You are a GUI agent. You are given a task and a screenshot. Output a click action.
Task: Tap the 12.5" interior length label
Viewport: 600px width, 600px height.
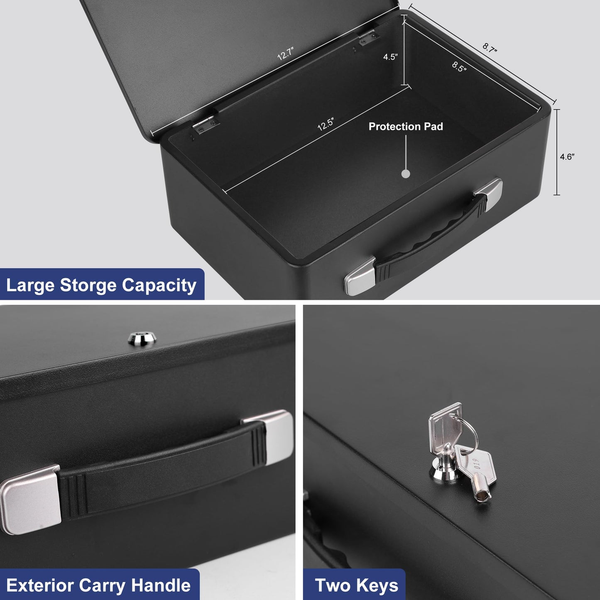pos(326,124)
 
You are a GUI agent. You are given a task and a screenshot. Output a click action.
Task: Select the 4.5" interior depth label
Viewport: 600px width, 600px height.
pos(390,57)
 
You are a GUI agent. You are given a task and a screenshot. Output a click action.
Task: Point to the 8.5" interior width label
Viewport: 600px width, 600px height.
pos(459,66)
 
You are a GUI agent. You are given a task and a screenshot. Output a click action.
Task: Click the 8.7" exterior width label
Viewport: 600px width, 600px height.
pos(490,48)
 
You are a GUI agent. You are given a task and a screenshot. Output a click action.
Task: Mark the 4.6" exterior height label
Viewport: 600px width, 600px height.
pos(567,157)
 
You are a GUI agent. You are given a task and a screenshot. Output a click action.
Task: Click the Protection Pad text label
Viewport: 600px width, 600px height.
pos(406,127)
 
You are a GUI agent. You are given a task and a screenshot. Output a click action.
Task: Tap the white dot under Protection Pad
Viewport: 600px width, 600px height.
pos(406,174)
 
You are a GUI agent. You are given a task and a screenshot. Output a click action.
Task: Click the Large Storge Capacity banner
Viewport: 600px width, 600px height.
pos(101,285)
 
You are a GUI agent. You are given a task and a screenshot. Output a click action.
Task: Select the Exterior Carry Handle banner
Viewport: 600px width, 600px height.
pos(99,585)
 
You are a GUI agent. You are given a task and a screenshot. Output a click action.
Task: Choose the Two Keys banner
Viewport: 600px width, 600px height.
pos(356,585)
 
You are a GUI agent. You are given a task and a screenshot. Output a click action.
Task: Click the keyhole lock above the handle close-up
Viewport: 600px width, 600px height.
pos(142,338)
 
